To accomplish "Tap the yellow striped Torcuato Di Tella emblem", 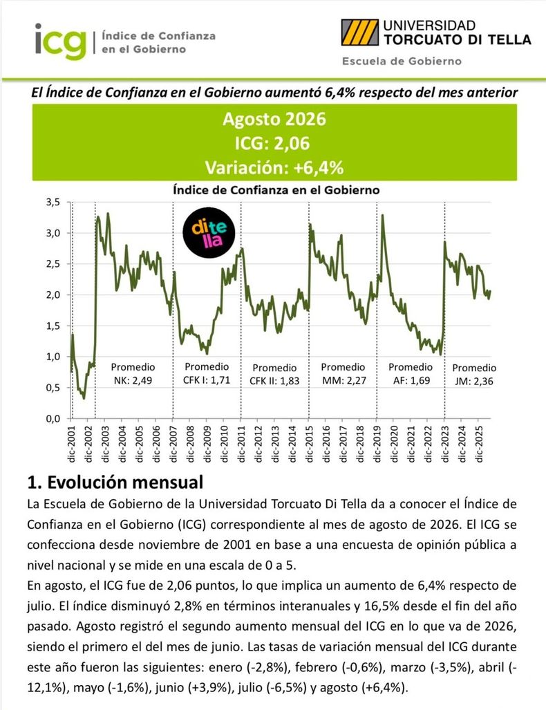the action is coord(360,32).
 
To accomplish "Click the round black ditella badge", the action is coord(209,233).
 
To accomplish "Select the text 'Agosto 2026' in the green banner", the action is coord(274,119).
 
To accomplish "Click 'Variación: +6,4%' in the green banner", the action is coord(274,167).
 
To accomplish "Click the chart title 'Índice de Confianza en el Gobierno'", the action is coord(276,190).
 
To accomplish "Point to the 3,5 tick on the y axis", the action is coord(53,202).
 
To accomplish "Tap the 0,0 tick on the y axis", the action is coord(53,418).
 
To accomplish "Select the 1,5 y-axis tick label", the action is coord(53,326).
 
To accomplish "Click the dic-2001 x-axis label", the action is coord(71,445).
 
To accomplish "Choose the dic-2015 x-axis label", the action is coord(309,445).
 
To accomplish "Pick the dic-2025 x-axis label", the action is coord(479,445).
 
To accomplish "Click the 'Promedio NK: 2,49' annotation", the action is coord(133,373).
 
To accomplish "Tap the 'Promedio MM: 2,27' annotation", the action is coord(343,373).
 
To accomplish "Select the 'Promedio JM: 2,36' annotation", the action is coord(474,375).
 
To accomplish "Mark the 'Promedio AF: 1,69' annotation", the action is coord(411,373).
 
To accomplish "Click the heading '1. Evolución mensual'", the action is coord(115,483).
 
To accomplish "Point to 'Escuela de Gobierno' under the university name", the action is coord(402,61).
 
